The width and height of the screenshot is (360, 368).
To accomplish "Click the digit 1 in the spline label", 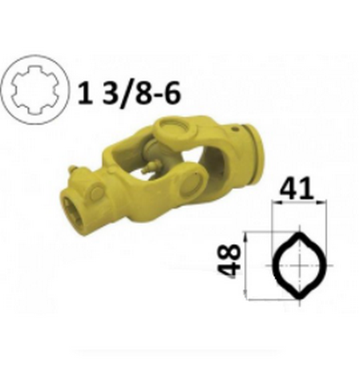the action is [x=86, y=94].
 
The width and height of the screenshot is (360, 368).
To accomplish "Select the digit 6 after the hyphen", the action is [x=170, y=94].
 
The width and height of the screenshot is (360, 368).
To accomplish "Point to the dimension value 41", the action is [x=296, y=188].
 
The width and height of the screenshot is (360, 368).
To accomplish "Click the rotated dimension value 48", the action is [x=229, y=262].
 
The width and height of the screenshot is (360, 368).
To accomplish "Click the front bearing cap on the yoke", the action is [x=192, y=182].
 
